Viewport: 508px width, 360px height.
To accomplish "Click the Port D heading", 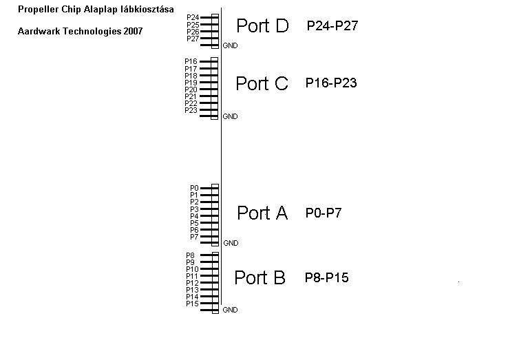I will click(262, 25).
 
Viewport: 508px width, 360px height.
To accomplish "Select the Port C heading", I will click(262, 83).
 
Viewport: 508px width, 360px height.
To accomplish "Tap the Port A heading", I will click(262, 213).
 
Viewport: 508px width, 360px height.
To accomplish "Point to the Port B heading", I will click(260, 277).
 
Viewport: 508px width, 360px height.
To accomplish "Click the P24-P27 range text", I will click(332, 26).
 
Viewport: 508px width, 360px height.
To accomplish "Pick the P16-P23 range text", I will click(332, 83).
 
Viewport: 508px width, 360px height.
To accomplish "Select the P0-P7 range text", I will click(324, 213).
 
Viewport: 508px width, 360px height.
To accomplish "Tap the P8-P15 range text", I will click(326, 278).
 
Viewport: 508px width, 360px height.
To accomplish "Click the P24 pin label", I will click(193, 17).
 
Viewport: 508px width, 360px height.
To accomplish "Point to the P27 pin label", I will click(193, 39).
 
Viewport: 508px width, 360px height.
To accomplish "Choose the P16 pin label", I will click(191, 61).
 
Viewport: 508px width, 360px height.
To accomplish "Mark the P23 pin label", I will click(191, 110).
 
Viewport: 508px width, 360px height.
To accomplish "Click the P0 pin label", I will click(194, 188).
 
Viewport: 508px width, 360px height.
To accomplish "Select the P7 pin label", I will click(194, 237).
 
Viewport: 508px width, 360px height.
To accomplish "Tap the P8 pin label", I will click(190, 255).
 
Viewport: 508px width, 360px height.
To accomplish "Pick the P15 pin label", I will click(192, 304).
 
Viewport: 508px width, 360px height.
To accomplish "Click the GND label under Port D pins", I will click(230, 46).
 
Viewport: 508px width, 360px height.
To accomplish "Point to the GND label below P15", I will click(230, 310).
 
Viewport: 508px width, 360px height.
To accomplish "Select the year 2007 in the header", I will click(134, 32).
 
